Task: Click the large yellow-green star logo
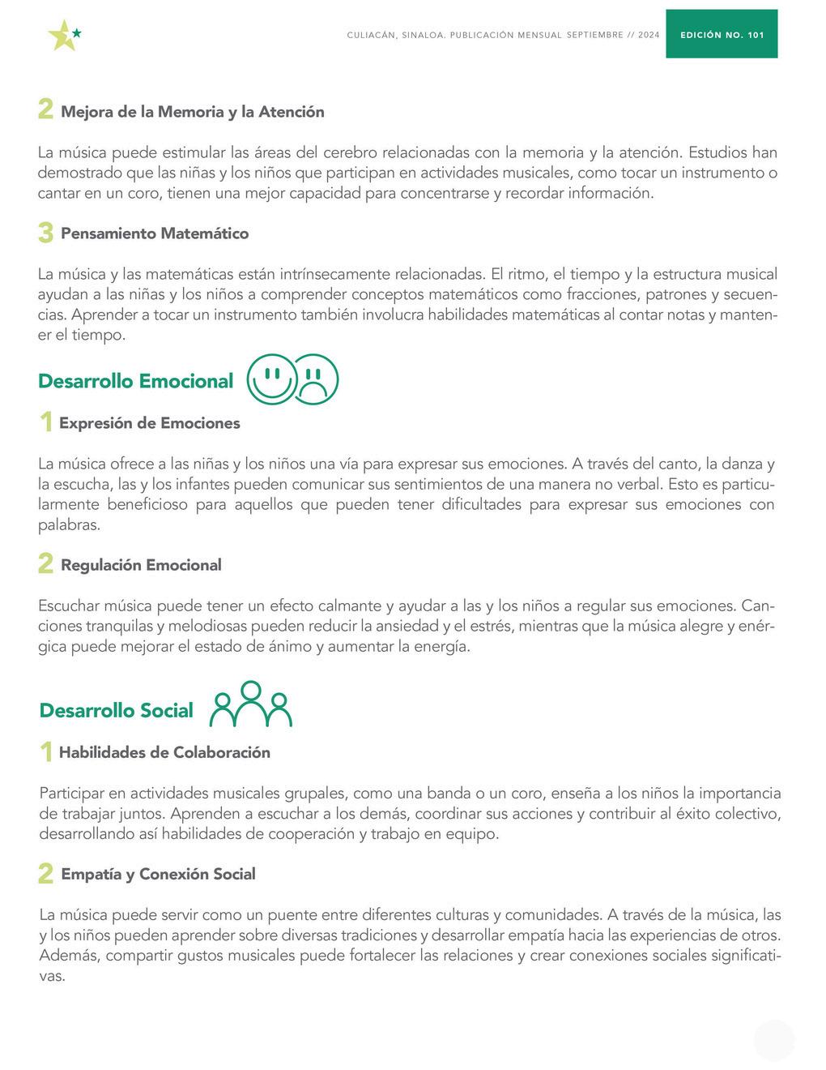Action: coord(62,36)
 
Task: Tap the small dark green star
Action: coord(77,33)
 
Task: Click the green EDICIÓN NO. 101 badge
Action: coord(722,35)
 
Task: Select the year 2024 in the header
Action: coord(649,36)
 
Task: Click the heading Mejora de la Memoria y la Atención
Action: coord(193,112)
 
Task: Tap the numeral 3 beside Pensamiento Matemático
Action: coord(46,233)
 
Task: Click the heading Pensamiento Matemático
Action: coord(155,233)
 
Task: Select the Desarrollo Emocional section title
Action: coord(135,381)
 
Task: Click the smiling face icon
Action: coord(272,379)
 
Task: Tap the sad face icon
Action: coord(315,379)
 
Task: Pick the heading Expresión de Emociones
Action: coord(150,423)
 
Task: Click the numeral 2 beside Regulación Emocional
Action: coord(46,564)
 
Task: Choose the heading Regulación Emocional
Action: coord(141,565)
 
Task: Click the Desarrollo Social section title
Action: coord(116,711)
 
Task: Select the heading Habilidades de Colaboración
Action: coord(164,752)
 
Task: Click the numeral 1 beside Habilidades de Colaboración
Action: coord(47,752)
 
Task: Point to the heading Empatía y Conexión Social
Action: coord(158,874)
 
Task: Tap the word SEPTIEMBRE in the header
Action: coord(594,36)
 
